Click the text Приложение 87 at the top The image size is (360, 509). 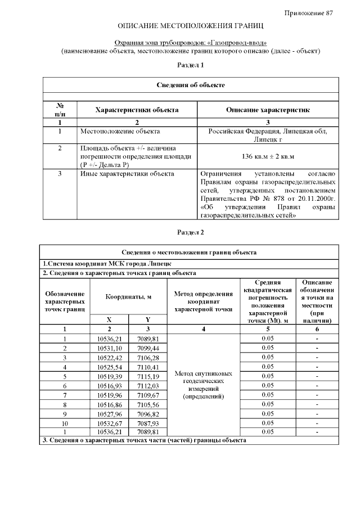pos(309,12)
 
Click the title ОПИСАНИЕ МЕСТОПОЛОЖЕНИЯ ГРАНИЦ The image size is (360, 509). pos(190,26)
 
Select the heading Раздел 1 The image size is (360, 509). pos(190,65)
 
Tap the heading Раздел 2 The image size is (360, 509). pos(190,232)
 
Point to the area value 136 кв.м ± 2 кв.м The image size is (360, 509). pos(268,156)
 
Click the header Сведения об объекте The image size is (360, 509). pos(190,85)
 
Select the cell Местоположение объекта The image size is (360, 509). pos(120,131)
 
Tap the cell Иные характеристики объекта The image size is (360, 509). pos(127,174)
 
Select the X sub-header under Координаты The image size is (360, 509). pos(109,319)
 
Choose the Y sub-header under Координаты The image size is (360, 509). pos(148,319)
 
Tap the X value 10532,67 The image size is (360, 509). pos(109,422)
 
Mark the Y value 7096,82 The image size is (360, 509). pos(148,413)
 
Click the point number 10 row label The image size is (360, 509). pos(65,422)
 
